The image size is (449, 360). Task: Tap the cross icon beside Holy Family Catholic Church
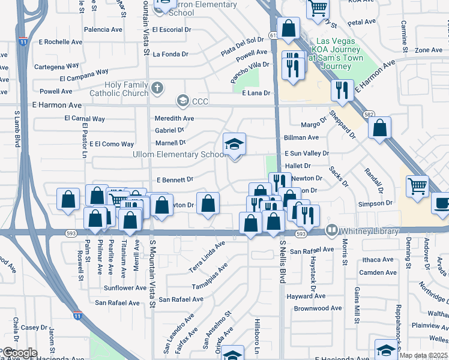[x=157, y=89]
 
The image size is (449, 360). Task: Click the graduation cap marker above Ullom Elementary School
[x=234, y=145]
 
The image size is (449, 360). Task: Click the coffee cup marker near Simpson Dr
[x=442, y=203]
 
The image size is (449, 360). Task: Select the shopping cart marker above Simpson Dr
[x=417, y=185]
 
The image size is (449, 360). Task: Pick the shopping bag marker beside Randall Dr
[x=379, y=128]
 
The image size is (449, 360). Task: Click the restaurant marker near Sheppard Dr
[x=342, y=91]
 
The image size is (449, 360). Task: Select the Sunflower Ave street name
[x=125, y=288]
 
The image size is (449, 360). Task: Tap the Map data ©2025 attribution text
[x=423, y=355]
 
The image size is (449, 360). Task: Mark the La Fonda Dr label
[x=170, y=54]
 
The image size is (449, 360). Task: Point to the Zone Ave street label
[x=428, y=50]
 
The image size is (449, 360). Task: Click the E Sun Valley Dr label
[x=307, y=154]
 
